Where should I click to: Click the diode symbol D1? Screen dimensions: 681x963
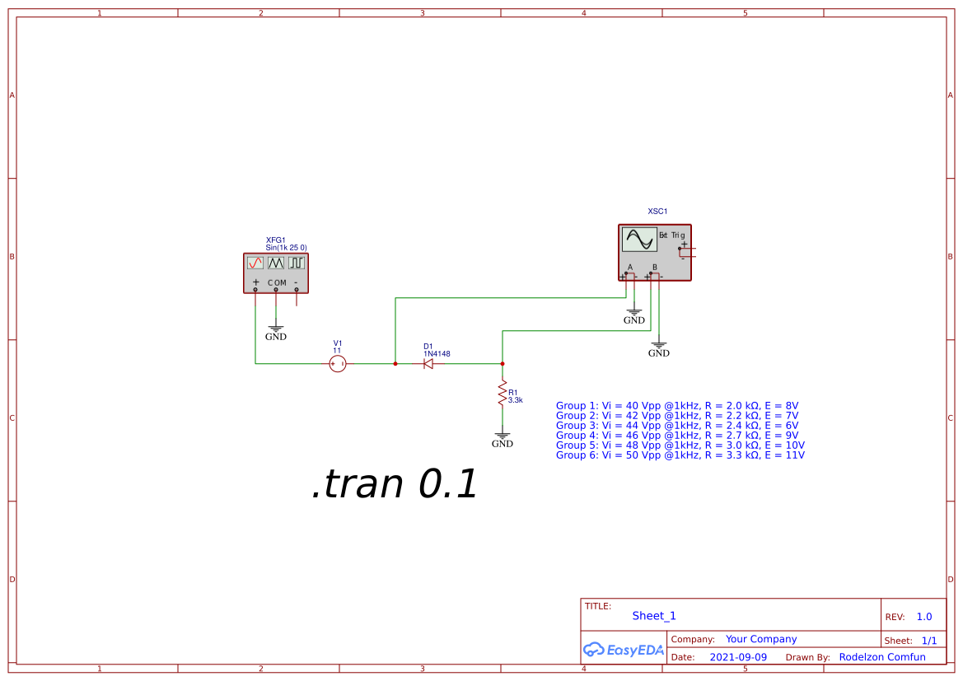[428, 363]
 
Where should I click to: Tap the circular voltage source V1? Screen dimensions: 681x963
[337, 363]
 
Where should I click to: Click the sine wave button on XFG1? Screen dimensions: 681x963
[255, 263]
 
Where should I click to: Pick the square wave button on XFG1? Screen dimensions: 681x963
[297, 263]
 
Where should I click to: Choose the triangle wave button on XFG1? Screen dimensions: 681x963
[276, 263]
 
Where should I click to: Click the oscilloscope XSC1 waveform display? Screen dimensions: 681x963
[638, 240]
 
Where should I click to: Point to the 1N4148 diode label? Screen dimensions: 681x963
[437, 354]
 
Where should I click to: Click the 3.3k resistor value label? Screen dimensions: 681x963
[516, 400]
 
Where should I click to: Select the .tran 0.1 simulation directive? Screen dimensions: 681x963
[395, 484]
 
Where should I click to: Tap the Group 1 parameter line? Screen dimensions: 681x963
[677, 406]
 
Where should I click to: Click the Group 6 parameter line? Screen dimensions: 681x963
[680, 455]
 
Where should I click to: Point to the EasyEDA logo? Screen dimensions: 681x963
[623, 650]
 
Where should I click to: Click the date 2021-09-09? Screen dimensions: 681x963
[738, 657]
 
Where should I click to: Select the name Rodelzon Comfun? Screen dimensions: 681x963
[882, 657]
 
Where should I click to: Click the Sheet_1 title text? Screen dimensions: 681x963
[654, 616]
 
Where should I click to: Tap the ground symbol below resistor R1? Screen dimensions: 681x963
[502, 436]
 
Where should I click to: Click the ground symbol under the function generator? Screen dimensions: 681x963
[276, 329]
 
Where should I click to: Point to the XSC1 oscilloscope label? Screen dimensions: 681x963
[657, 212]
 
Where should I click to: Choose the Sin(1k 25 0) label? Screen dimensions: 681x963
[286, 247]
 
